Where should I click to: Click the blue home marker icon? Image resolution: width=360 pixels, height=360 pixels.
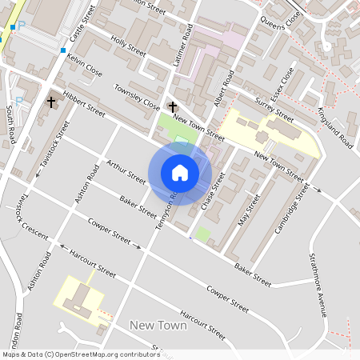(180, 173)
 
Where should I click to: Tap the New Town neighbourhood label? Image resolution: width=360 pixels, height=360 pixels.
(158, 326)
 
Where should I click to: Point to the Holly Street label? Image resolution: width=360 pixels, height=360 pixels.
(129, 45)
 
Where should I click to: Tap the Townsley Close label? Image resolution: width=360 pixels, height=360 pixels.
(137, 96)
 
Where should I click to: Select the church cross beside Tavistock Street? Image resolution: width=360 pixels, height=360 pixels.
(51, 102)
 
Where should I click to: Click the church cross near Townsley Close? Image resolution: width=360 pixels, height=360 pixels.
(172, 106)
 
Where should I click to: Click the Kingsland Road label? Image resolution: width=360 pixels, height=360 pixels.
(335, 128)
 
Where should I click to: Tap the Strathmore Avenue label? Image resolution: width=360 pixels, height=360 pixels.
(318, 285)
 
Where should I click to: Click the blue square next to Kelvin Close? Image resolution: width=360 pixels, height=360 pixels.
(62, 50)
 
